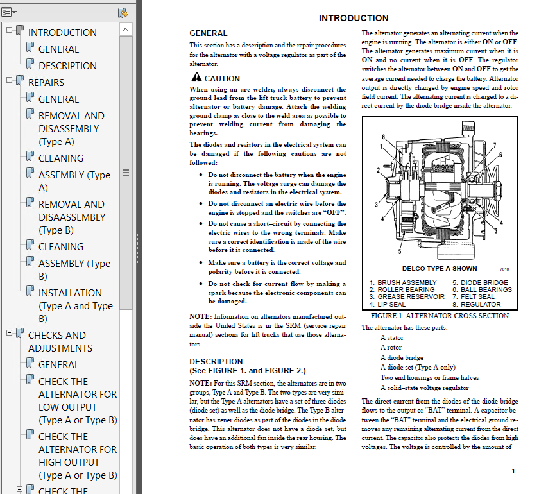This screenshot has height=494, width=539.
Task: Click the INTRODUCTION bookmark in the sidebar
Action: coord(62,32)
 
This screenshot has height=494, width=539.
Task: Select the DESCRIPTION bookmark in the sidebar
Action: coord(67,65)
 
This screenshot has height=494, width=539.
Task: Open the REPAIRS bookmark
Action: coord(46,82)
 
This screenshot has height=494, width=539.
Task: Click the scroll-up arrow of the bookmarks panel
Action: coord(126,30)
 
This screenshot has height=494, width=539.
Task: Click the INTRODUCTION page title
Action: coord(354,18)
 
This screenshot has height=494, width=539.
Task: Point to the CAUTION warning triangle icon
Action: coord(196,79)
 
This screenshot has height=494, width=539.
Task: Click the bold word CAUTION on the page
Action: coord(222,79)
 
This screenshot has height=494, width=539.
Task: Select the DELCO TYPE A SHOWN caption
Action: coord(440,269)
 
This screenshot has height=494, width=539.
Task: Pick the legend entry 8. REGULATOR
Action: coord(476,305)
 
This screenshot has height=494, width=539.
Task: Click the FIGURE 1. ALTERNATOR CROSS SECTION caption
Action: coord(440,316)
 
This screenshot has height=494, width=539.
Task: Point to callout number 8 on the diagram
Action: coord(383,137)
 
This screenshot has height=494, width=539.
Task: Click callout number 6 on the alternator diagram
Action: coord(501,154)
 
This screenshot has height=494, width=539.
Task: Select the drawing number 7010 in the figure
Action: coord(504,269)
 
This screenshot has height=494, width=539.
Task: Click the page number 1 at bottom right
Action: coord(513,472)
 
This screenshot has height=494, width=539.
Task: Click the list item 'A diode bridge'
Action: coord(402,357)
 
